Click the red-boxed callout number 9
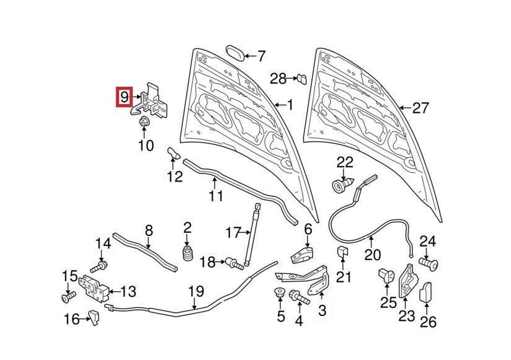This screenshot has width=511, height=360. (125, 97)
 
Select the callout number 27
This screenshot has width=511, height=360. (420, 108)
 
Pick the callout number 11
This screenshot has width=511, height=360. (215, 196)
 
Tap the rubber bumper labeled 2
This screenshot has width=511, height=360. (187, 255)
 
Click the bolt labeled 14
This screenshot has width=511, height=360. (97, 268)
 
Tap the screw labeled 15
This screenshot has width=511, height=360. (68, 299)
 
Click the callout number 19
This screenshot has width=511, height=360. (196, 290)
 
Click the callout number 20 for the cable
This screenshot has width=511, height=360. (372, 254)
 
